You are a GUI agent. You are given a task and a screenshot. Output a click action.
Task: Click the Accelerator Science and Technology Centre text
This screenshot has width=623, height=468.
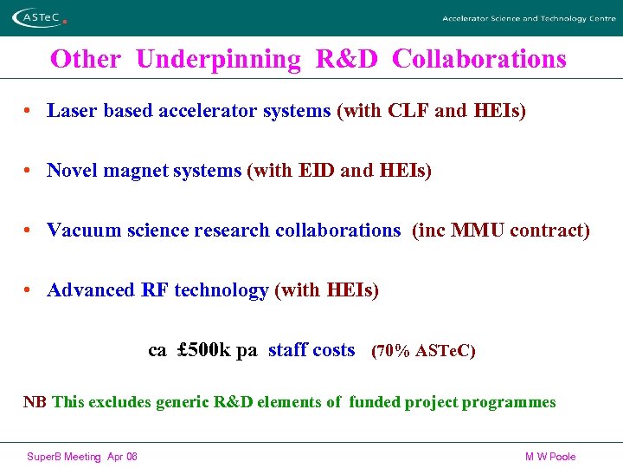click(528, 18)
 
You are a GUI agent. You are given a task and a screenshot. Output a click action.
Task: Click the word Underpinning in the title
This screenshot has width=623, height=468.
click(218, 59)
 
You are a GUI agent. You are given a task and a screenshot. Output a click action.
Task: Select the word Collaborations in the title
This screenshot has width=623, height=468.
click(478, 59)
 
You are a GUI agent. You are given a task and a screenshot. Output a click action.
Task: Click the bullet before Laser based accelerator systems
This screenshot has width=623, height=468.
click(29, 111)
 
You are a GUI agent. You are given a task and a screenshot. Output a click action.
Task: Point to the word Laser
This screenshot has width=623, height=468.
click(70, 111)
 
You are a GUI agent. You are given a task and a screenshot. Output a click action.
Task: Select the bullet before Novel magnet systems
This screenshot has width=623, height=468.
click(29, 171)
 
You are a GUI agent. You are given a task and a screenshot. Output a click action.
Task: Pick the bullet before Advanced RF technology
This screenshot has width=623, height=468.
click(29, 290)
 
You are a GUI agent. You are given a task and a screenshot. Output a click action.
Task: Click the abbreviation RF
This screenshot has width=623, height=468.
click(155, 290)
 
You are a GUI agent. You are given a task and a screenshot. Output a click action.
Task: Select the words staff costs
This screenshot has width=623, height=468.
click(311, 350)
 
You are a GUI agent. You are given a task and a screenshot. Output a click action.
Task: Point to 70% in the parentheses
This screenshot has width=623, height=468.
click(394, 351)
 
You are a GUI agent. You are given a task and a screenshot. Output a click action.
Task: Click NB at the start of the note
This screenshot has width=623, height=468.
click(35, 402)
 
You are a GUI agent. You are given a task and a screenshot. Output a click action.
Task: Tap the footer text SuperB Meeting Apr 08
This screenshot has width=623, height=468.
click(82, 457)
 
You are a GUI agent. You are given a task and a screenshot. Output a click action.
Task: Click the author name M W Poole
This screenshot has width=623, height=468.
click(550, 457)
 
